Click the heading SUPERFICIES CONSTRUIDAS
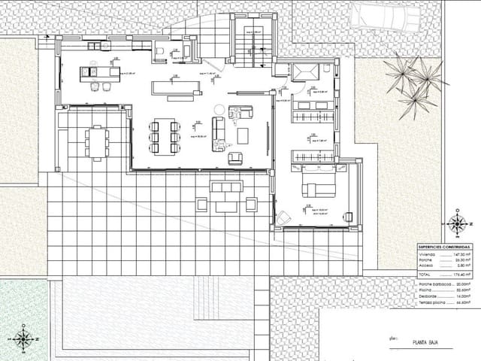tap(443, 247)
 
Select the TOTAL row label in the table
tap(425, 277)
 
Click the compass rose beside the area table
tap(456, 223)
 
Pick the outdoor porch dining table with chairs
tap(96, 142)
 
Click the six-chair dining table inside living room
tap(165, 137)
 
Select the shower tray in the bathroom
tap(305, 72)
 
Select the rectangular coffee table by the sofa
tap(243, 136)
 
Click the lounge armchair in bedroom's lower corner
tap(285, 217)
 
